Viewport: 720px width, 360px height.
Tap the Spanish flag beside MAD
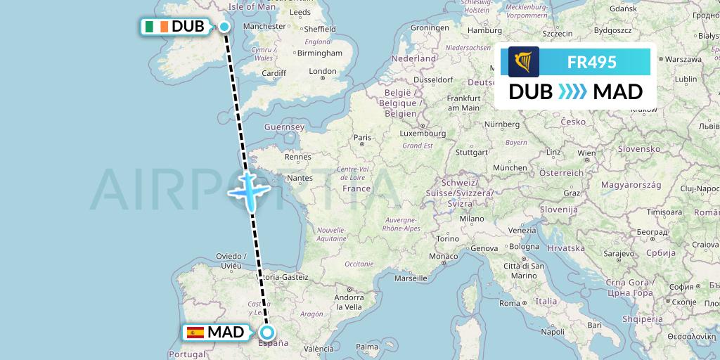pos(195,333)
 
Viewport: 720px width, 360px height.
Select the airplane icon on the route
pos(249,188)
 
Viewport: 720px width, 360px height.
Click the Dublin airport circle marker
pos(224,27)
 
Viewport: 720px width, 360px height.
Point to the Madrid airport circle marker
pos(266,333)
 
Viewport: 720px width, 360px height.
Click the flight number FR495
pos(591,63)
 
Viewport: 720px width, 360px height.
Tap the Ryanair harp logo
pos(524,62)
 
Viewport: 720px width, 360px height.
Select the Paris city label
pos(362,138)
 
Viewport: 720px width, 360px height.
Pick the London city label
pos(323,71)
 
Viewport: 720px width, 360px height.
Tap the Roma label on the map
pos(508,303)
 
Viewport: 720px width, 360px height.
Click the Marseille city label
pos(411,278)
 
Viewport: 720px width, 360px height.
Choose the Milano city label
pos(472,219)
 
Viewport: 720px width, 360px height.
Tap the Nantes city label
pos(299,179)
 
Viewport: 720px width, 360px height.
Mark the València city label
pos(319,349)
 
